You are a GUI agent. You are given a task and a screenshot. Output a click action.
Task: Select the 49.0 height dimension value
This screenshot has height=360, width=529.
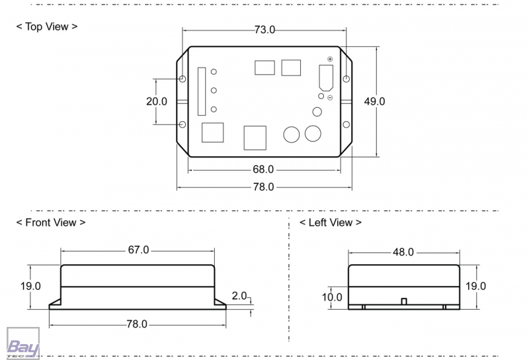coord(374,101)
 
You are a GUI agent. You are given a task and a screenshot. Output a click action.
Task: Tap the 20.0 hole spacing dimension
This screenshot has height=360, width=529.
coord(157,101)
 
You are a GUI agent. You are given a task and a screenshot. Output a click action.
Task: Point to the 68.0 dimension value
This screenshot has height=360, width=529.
coord(263,169)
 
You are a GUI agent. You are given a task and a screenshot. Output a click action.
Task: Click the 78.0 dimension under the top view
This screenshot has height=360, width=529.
coord(263,187)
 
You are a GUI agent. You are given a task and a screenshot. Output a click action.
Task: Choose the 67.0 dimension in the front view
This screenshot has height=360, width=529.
coord(138,250)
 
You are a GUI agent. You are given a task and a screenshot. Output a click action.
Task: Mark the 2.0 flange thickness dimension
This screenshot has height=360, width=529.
coord(239,295)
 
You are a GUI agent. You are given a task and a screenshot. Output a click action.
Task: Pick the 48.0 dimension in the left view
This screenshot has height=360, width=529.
coord(403,252)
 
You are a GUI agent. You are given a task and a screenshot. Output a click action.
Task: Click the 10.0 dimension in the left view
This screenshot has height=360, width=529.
coord(332,297)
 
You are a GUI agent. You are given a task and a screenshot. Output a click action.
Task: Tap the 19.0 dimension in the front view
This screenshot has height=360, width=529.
coord(30,286)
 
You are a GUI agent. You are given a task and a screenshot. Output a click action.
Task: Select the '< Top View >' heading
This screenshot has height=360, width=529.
coord(47,27)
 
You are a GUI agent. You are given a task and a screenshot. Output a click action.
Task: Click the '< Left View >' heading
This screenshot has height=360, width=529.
coord(331,222)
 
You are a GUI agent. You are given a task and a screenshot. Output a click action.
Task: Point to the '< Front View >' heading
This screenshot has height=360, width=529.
coord(50,222)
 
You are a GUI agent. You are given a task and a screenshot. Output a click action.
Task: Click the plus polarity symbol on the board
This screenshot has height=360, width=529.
coord(329,60)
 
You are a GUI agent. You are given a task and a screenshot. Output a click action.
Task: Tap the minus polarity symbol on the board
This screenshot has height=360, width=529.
coord(329,98)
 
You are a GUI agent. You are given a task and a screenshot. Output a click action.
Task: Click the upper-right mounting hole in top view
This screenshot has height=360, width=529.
coord(346,79)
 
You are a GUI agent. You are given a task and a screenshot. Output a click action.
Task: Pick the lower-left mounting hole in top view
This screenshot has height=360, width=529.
coord(183,124)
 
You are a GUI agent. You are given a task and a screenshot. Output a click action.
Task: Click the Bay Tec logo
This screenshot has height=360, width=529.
coord(22,345)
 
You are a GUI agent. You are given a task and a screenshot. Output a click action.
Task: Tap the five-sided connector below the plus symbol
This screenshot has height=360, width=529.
coord(326,77)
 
